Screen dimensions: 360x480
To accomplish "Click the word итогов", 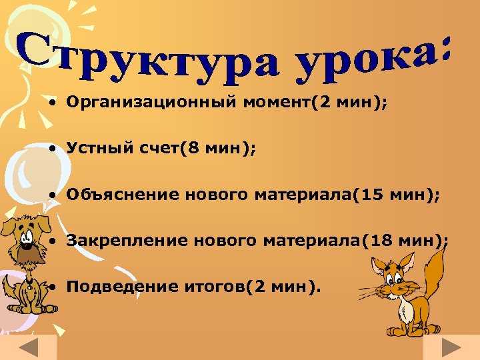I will click(x=213, y=287).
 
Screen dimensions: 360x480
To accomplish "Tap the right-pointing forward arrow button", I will click(x=451, y=349).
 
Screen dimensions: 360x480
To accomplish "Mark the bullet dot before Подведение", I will click(x=51, y=287).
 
